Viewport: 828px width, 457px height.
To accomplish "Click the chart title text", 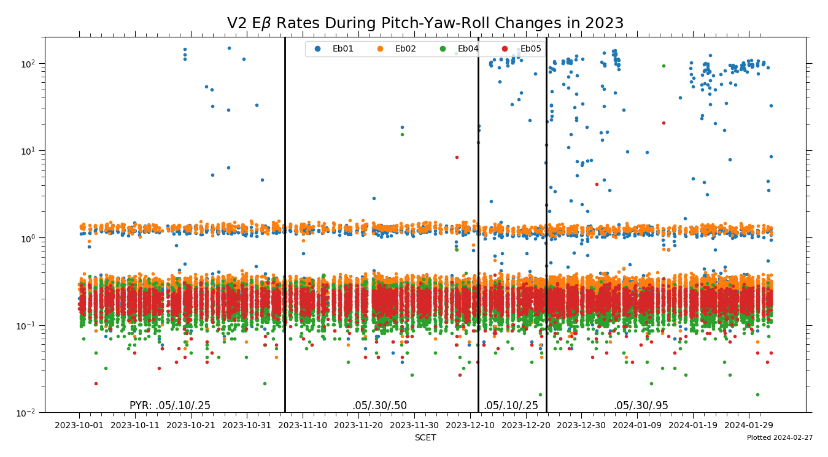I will (425, 23).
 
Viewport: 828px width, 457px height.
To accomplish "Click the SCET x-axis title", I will (425, 438).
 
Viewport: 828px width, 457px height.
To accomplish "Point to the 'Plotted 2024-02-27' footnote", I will (780, 438).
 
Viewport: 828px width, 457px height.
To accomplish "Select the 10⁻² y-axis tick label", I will (29, 412).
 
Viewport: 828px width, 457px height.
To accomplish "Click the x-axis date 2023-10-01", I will (79, 425).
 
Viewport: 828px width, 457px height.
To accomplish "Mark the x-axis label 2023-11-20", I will (358, 425).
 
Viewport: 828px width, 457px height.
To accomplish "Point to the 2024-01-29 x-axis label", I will (749, 425).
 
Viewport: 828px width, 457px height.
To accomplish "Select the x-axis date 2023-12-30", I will (581, 425).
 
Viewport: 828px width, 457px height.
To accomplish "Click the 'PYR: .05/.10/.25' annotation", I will (170, 405).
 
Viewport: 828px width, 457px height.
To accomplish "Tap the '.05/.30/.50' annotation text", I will (379, 405).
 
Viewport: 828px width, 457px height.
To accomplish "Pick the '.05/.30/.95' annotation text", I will (641, 405).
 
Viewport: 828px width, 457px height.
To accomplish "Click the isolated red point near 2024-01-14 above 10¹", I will (664, 123).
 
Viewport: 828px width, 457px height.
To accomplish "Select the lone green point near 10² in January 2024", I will (664, 66).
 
